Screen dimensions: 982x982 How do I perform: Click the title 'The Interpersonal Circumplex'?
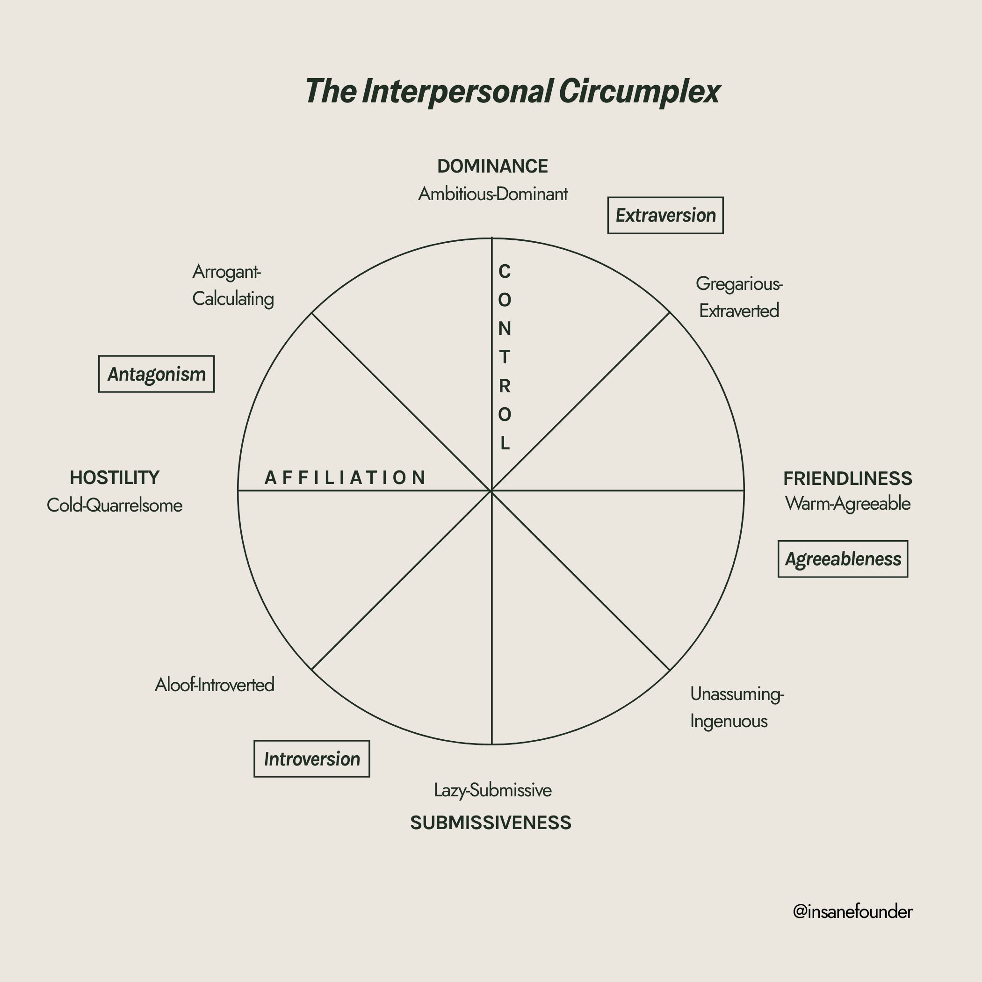click(513, 92)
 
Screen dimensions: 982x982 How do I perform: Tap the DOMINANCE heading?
click(492, 166)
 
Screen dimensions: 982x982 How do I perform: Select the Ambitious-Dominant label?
click(492, 194)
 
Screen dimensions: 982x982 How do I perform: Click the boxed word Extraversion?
click(665, 216)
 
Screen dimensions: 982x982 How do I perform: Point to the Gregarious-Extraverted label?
click(739, 297)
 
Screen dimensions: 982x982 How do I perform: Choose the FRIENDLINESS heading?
click(847, 478)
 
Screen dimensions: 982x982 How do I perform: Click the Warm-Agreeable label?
click(847, 504)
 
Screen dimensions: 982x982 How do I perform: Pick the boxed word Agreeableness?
click(843, 559)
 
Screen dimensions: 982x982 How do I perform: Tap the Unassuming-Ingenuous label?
click(736, 707)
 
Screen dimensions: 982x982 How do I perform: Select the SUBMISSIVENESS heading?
click(491, 823)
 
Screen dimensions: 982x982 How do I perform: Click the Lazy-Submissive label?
click(492, 790)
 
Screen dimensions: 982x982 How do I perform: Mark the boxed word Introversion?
click(311, 759)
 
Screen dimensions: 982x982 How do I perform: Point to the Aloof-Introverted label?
click(215, 685)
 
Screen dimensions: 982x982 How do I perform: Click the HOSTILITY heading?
click(115, 478)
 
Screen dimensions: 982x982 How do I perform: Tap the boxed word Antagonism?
click(157, 374)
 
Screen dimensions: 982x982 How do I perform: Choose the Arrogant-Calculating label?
click(233, 285)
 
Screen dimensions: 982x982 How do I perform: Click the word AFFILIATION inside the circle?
click(346, 478)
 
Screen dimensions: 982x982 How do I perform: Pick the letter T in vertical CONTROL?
click(504, 357)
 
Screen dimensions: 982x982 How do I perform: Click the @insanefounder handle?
click(852, 912)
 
